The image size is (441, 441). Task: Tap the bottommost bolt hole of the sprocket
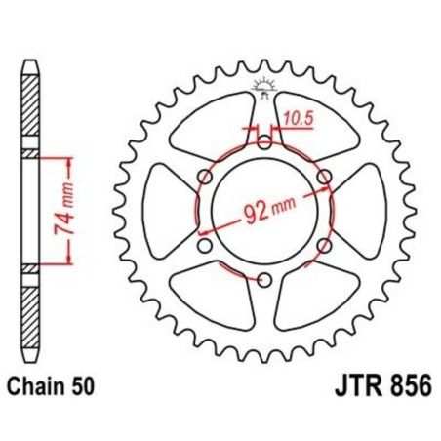tap(264, 281)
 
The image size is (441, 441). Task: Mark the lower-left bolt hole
tap(204, 246)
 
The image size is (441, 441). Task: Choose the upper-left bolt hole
tap(204, 177)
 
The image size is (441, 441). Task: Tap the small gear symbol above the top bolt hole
tap(264, 89)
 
